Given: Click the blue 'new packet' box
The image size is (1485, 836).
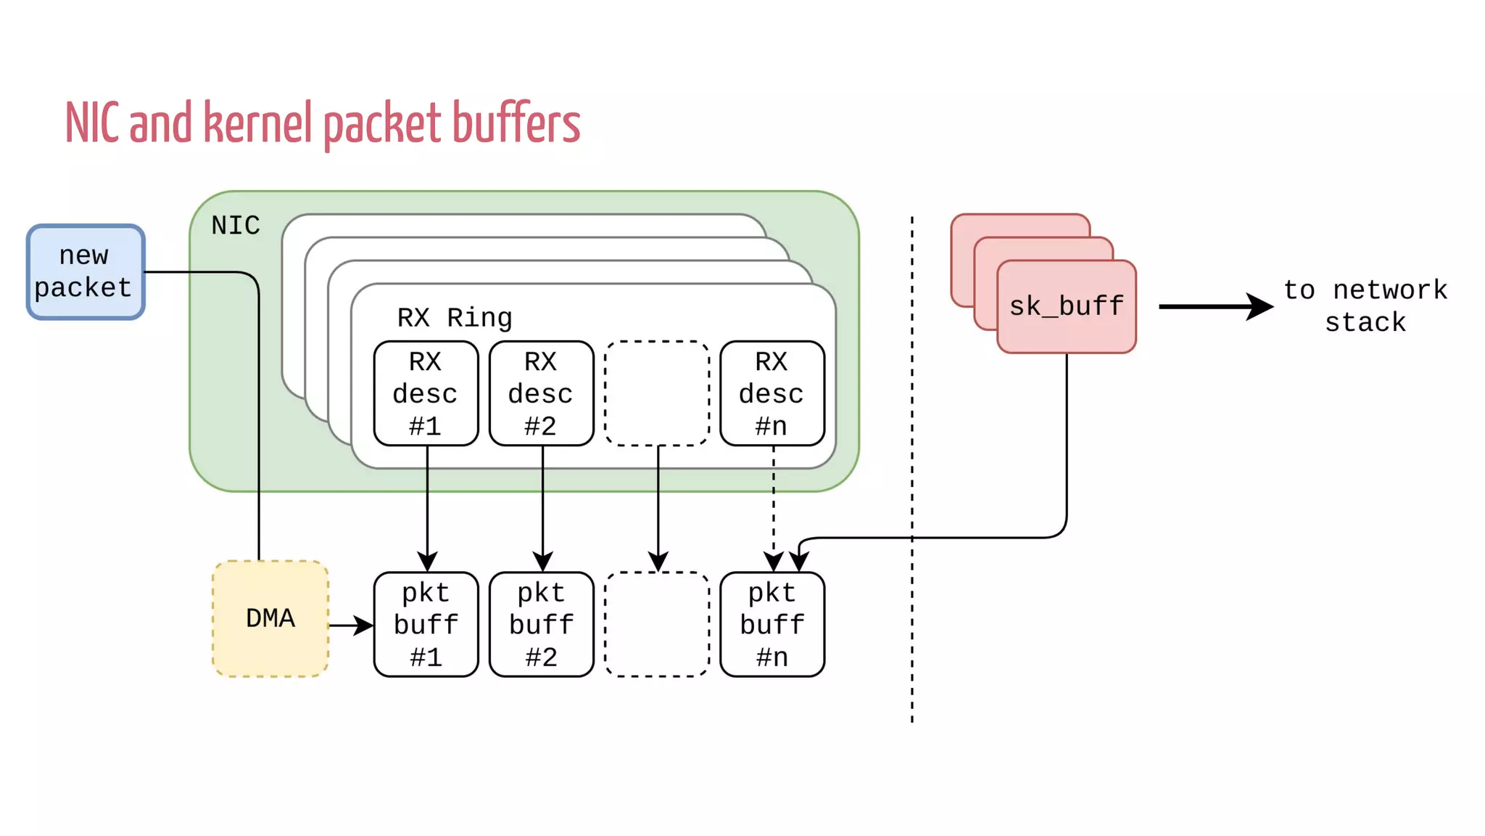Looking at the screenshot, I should click(86, 271).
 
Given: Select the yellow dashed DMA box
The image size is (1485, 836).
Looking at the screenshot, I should click(270, 618).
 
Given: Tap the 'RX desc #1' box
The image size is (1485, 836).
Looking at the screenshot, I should click(426, 393).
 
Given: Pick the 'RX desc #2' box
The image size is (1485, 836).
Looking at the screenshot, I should click(541, 393).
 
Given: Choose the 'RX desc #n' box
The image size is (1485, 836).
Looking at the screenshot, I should click(772, 393).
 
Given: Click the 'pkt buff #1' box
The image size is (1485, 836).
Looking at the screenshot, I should click(426, 624).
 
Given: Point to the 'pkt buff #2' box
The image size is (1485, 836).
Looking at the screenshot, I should click(541, 624).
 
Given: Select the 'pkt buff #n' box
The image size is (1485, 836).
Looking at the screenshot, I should click(772, 624).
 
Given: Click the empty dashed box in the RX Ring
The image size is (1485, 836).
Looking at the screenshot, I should click(657, 393).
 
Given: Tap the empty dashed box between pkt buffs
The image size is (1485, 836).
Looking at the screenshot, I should click(657, 624).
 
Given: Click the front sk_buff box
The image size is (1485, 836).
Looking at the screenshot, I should click(1066, 306).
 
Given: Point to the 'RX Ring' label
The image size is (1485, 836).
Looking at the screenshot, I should click(455, 318).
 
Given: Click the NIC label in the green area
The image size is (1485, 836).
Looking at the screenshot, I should click(236, 226).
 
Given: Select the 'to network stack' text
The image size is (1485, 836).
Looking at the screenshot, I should click(1365, 306).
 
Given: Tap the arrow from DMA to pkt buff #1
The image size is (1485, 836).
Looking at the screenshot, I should click(351, 625).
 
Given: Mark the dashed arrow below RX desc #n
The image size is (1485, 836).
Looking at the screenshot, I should click(774, 508).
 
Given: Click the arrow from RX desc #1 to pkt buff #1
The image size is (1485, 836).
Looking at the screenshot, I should click(427, 508).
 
